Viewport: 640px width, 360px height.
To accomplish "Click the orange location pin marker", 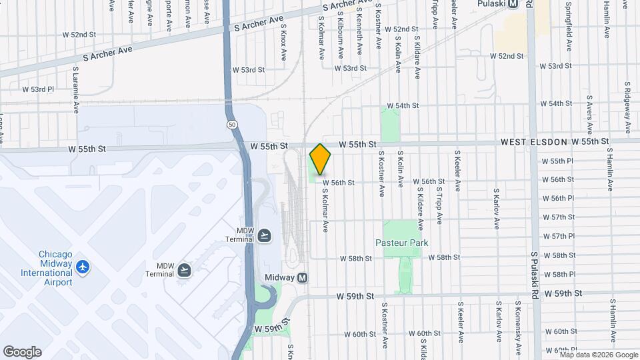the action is (321, 159).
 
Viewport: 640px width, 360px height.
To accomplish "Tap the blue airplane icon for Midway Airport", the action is (83, 267).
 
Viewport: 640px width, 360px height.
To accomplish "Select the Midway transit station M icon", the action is (303, 277).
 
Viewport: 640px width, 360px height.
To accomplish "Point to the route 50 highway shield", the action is (231, 125).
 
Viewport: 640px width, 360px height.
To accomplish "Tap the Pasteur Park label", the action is (401, 243).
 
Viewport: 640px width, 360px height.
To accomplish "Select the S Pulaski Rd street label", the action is (535, 276).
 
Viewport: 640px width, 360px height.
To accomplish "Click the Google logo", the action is (22, 352).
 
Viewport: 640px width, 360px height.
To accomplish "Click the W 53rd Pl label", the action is (37, 89).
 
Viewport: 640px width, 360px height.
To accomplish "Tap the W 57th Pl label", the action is (559, 236).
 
